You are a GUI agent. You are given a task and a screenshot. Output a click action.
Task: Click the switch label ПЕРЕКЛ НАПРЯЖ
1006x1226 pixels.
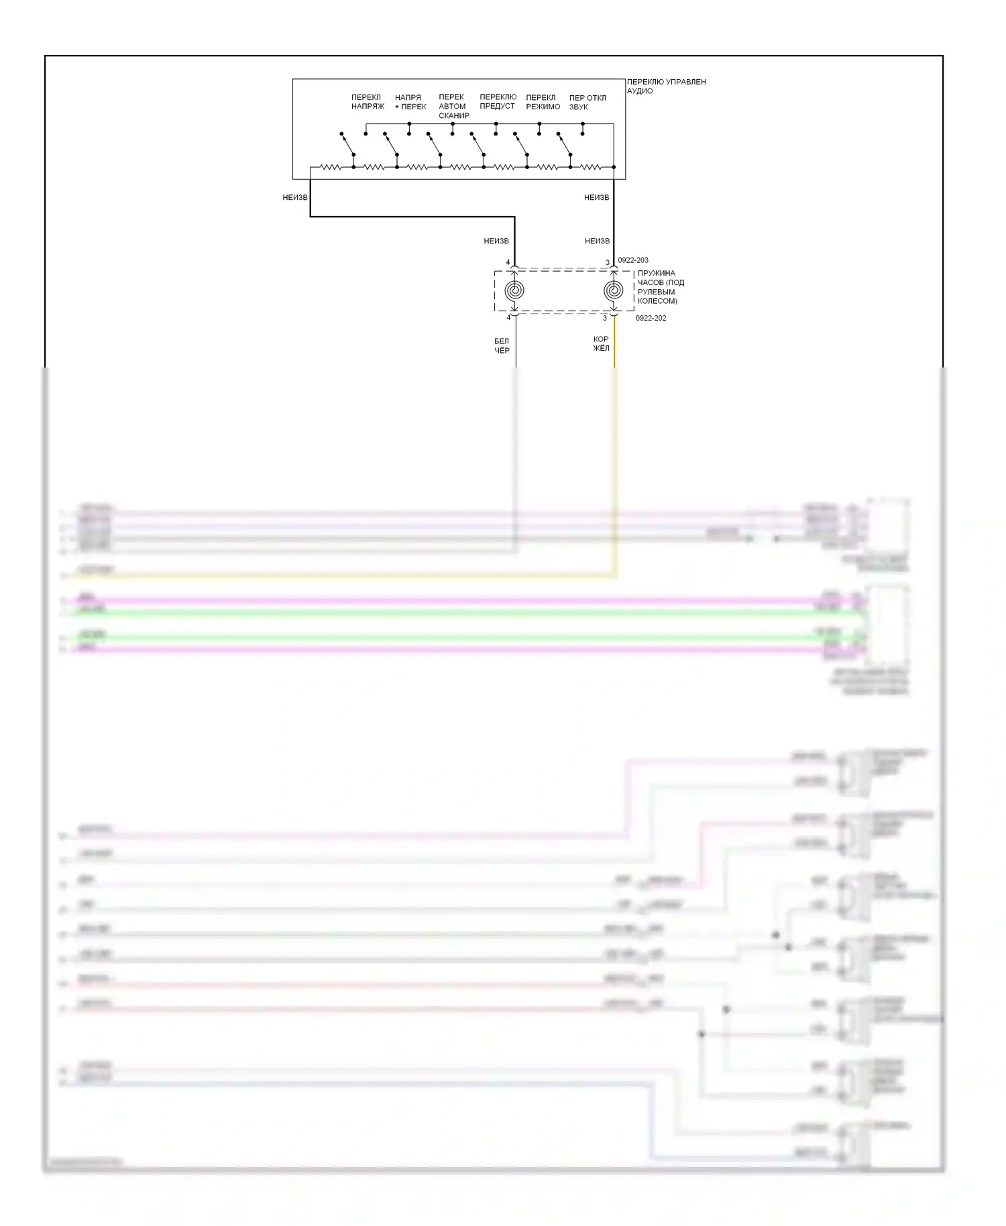click(368, 102)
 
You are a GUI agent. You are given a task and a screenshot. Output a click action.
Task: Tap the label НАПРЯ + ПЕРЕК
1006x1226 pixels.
click(410, 102)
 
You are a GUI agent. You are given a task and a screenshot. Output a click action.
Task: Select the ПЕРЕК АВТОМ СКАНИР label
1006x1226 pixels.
click(454, 106)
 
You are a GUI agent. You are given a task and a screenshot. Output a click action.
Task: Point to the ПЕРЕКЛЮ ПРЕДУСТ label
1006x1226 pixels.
click(498, 101)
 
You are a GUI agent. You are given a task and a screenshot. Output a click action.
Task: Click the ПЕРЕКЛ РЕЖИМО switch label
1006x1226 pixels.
click(543, 102)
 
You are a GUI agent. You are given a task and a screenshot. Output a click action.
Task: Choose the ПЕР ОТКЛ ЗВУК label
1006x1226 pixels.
click(588, 102)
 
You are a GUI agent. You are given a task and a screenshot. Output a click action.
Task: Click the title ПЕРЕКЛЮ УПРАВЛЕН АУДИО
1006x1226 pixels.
click(666, 86)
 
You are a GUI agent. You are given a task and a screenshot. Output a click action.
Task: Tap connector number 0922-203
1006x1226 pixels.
click(633, 260)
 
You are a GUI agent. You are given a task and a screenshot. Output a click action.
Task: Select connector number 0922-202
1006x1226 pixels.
click(651, 318)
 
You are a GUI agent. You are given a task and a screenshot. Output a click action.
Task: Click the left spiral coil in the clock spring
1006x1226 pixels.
click(514, 290)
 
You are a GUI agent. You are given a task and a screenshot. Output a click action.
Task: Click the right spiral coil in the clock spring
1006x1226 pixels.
click(613, 290)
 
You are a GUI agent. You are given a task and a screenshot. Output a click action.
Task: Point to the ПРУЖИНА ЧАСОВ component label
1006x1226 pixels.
click(661, 287)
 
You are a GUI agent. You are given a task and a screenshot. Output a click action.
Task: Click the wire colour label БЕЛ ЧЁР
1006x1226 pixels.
click(502, 345)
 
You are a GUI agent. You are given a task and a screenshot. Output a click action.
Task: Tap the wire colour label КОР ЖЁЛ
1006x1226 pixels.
click(601, 343)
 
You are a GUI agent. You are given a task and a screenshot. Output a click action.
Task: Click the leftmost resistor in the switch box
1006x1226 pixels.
click(330, 167)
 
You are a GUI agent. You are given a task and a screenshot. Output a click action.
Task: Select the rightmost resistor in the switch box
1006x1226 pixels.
click(591, 167)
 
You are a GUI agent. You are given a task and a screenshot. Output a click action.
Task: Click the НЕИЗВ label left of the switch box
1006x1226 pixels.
click(295, 197)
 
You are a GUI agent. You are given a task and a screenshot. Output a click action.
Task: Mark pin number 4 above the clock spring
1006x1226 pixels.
click(508, 262)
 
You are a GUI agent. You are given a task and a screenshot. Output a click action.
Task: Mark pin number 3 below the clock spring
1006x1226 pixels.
click(604, 318)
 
